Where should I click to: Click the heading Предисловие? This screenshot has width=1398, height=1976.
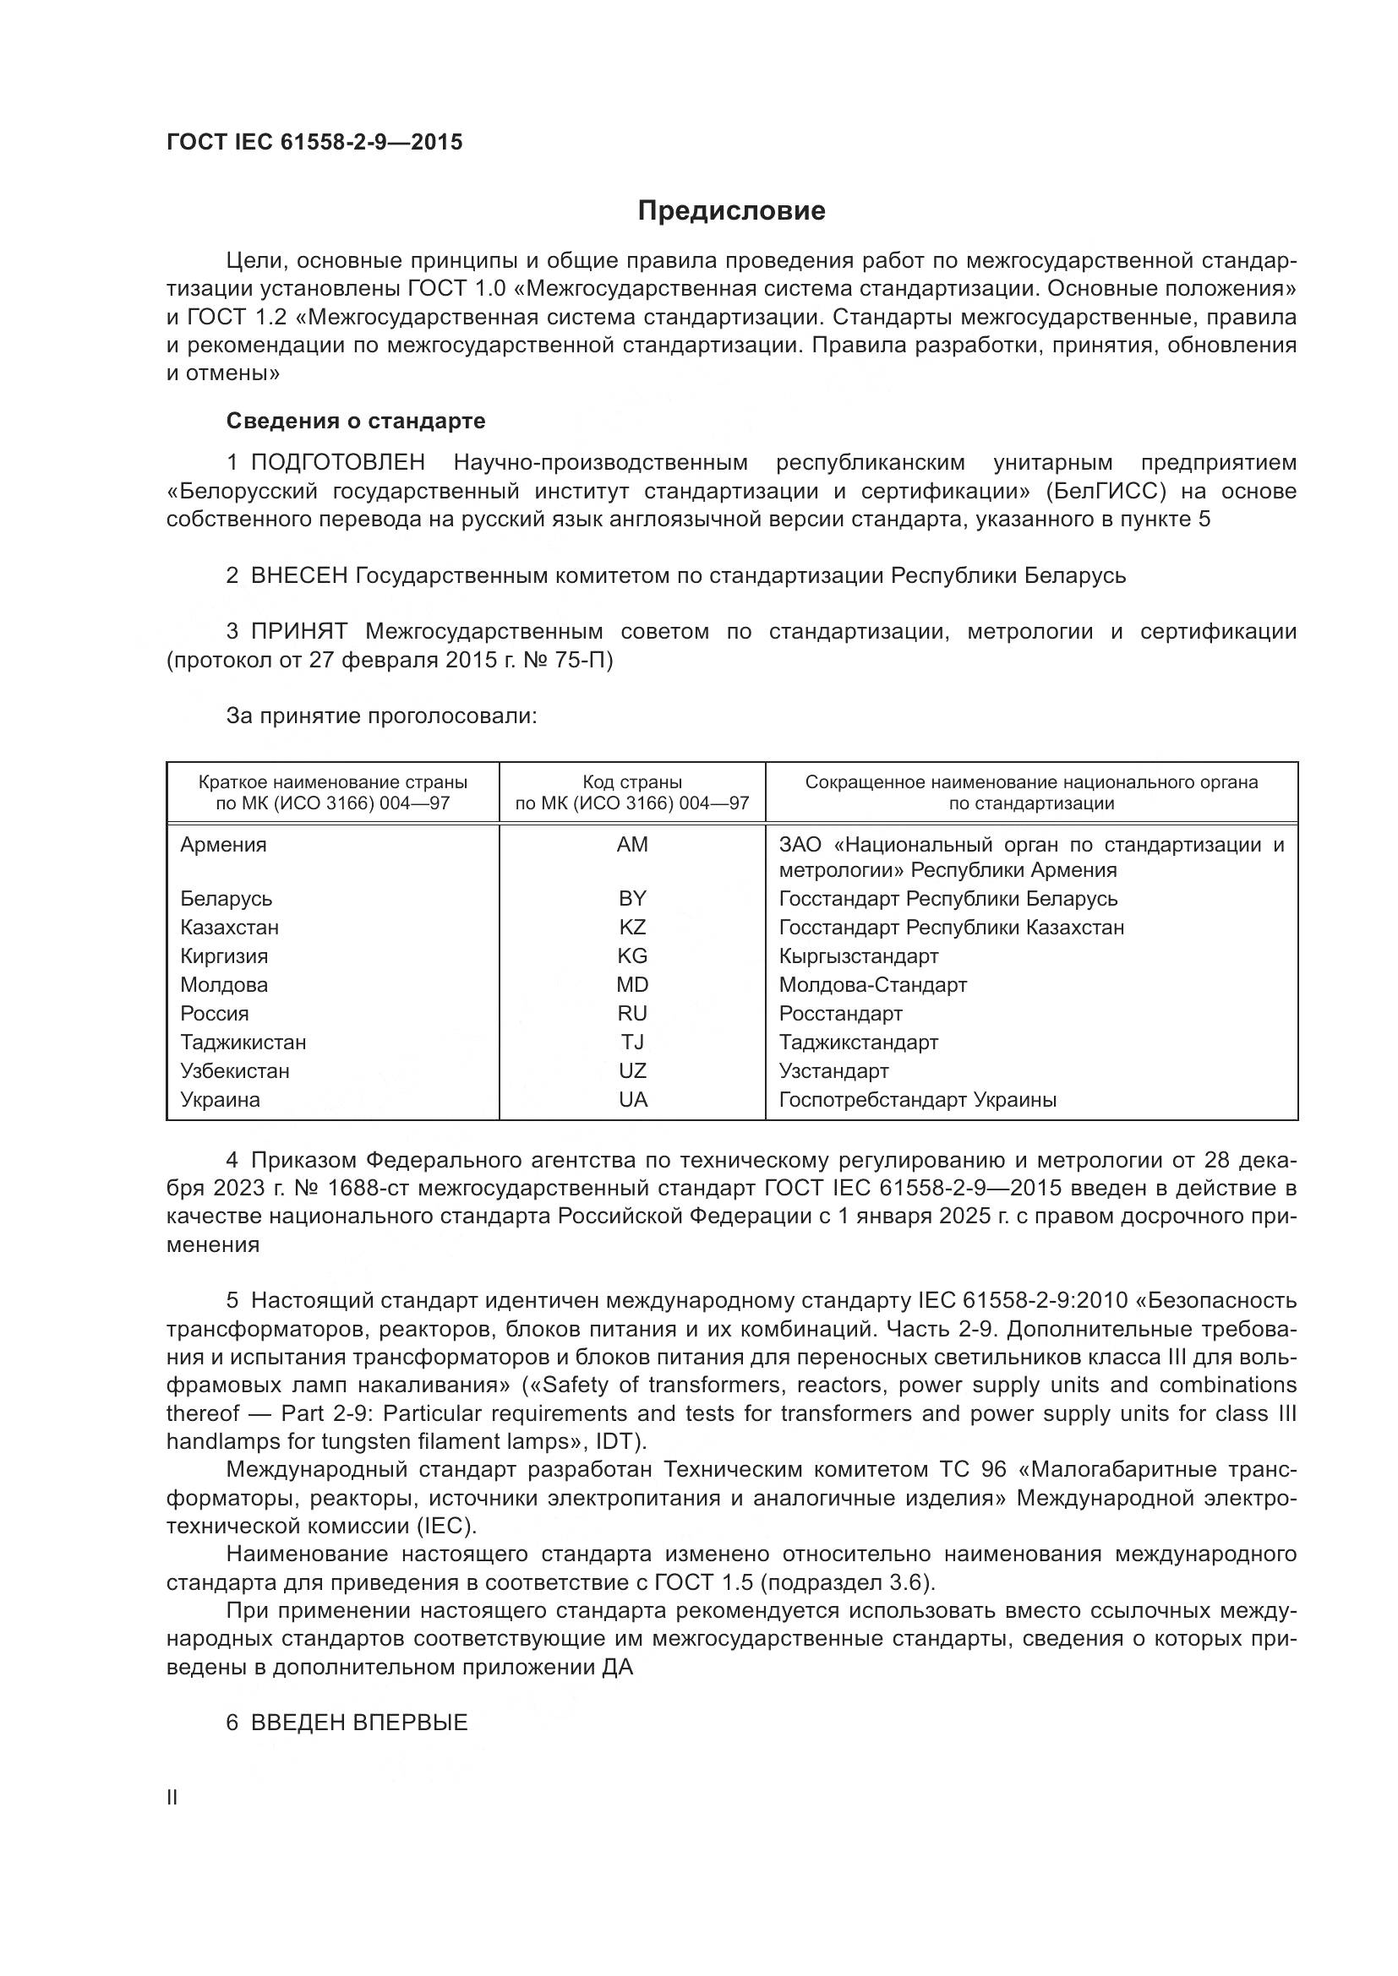(x=731, y=211)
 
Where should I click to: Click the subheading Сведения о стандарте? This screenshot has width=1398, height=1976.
(x=356, y=421)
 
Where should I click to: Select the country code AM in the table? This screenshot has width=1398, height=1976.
(x=632, y=845)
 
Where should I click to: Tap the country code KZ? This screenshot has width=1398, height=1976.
(x=632, y=928)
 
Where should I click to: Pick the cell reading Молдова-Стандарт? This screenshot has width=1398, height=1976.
(x=873, y=984)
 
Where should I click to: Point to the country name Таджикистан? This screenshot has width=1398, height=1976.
(x=243, y=1042)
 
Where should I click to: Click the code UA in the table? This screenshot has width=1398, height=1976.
(x=633, y=1100)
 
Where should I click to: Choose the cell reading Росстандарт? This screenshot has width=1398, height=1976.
(x=840, y=1014)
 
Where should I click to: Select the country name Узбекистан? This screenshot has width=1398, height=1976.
(x=235, y=1071)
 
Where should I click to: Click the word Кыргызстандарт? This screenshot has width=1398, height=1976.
(x=858, y=956)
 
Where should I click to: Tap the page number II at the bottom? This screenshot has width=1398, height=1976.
(x=172, y=1797)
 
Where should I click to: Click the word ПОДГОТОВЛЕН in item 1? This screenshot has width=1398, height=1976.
(x=338, y=463)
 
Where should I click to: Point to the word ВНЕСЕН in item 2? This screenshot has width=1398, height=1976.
(x=298, y=576)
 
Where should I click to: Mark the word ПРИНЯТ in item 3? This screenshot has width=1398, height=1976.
(x=298, y=632)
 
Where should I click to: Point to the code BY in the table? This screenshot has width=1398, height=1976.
(x=632, y=899)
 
